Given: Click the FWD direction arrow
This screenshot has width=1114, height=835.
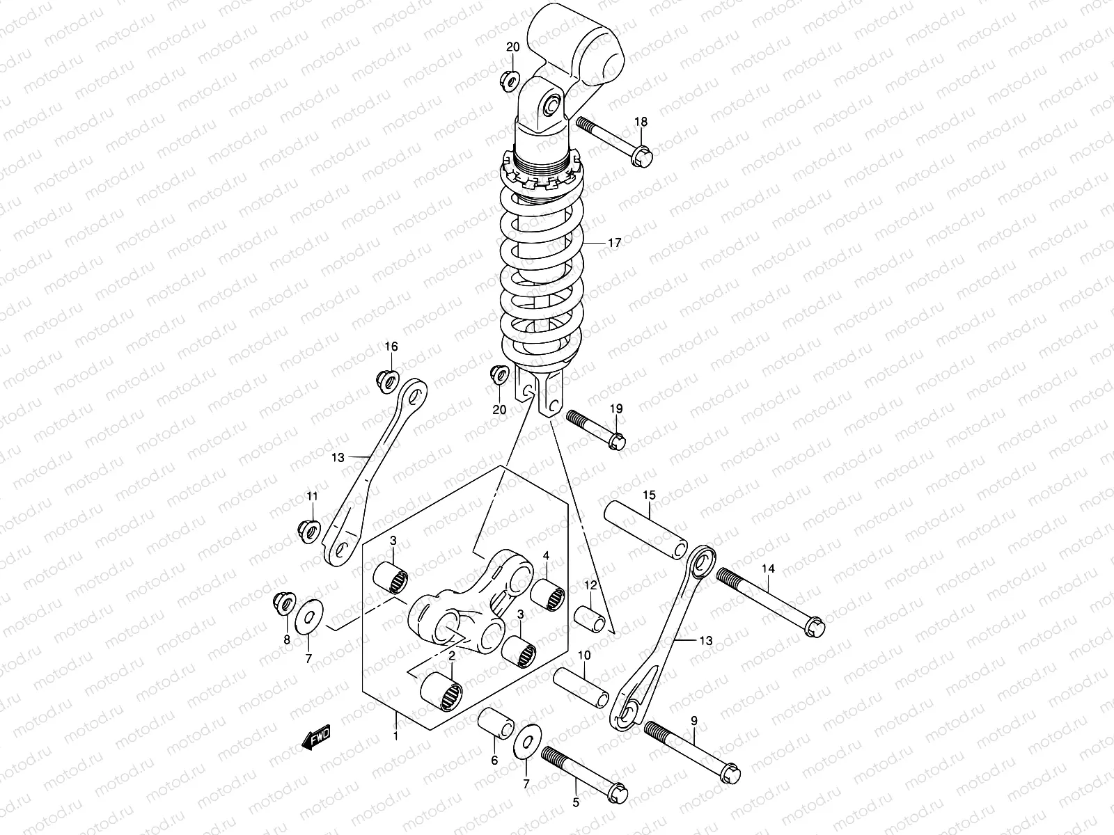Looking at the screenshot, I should pyautogui.click(x=315, y=738).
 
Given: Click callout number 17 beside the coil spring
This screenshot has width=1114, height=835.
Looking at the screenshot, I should pyautogui.click(x=613, y=244).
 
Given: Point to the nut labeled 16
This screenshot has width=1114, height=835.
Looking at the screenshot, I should pyautogui.click(x=384, y=379).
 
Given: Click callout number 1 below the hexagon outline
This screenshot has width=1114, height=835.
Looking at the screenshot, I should pyautogui.click(x=395, y=735).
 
